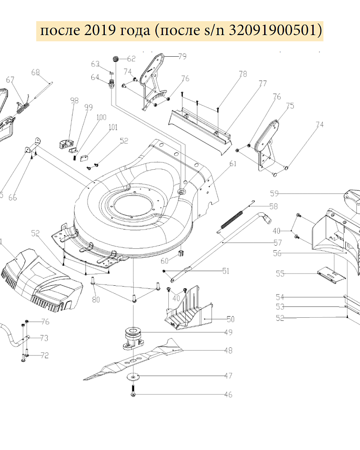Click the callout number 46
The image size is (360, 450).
[x=228, y=395]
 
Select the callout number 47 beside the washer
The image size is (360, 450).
[x=228, y=375]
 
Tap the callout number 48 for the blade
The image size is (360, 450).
[x=228, y=351]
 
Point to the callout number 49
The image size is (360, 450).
[x=228, y=333]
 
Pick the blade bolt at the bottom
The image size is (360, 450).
[x=134, y=390]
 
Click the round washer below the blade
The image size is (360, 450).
[x=134, y=376]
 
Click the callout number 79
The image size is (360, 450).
[x=182, y=56]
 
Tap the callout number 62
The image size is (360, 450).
[x=131, y=58]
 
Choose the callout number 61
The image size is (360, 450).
[x=233, y=164]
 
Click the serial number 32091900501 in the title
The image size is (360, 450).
[x=275, y=31]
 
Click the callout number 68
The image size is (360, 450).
[x=36, y=72]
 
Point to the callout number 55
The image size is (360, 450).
[x=280, y=273]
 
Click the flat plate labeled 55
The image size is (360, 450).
[x=332, y=275]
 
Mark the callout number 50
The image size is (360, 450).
[x=230, y=319]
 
